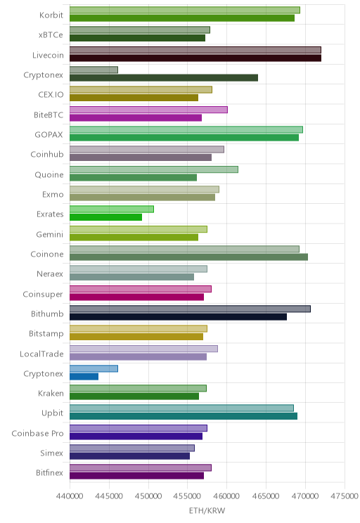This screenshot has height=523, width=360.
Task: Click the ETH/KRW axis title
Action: [x=207, y=510]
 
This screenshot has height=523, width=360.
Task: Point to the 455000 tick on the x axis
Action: [x=188, y=496]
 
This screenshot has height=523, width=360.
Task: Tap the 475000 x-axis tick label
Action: [x=345, y=496]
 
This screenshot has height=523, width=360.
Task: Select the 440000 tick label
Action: [x=70, y=496]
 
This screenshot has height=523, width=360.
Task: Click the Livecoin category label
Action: [x=48, y=55]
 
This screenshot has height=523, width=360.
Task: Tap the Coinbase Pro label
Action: [x=37, y=433]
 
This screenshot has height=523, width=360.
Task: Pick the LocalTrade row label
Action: [x=41, y=354]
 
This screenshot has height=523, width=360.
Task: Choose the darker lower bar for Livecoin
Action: [x=195, y=58]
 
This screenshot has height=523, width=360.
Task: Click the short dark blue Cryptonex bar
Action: [x=84, y=377]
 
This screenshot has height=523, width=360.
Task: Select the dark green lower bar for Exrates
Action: [x=105, y=217]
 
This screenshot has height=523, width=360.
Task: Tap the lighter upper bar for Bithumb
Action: [x=190, y=309]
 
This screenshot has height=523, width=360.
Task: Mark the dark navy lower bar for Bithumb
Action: [x=178, y=317]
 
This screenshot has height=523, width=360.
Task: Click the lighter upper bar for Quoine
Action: [x=154, y=169]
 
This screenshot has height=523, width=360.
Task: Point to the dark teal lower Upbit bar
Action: [x=184, y=416]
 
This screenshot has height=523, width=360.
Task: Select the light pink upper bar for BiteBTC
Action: [x=149, y=110]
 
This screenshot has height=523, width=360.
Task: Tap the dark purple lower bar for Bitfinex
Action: [x=137, y=476]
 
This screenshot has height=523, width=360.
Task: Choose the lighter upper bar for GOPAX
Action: [x=186, y=130]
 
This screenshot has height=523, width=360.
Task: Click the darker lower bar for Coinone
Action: [x=189, y=257]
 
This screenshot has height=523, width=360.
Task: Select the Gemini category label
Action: [x=50, y=235]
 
